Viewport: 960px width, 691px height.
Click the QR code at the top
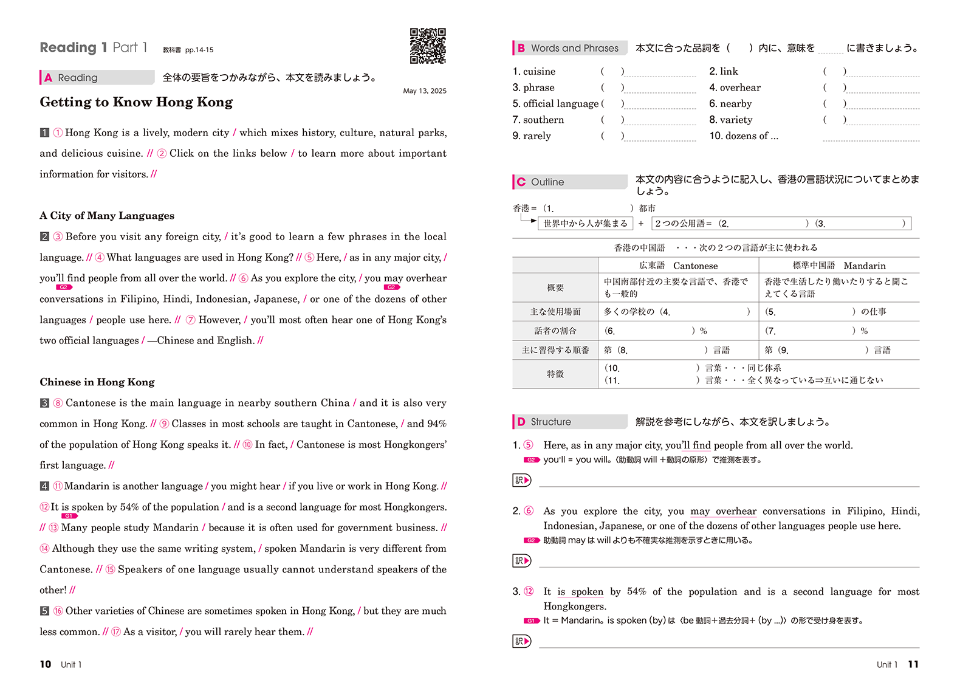(x=428, y=46)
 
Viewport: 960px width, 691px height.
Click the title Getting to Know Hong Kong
(x=136, y=102)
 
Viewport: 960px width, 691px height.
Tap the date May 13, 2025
(x=424, y=91)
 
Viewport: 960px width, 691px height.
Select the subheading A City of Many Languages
(x=107, y=216)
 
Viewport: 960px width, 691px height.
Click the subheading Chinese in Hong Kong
(x=97, y=382)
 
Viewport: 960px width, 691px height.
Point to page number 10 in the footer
(x=46, y=664)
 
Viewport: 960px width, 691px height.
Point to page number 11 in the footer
(x=913, y=664)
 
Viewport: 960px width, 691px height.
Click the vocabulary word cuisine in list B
(x=539, y=72)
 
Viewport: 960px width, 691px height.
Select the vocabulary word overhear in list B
(x=739, y=88)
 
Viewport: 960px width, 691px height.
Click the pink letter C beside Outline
(x=521, y=182)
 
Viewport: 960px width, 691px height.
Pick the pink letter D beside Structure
(x=521, y=422)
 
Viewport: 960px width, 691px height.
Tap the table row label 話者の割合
(x=555, y=331)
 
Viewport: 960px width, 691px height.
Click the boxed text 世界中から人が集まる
(x=585, y=224)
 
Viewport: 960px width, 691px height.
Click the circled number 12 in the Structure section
(x=529, y=591)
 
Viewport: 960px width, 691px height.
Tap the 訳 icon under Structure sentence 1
(x=522, y=480)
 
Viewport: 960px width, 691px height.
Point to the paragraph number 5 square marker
(x=44, y=611)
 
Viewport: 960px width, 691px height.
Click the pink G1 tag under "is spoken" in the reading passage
(x=69, y=516)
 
